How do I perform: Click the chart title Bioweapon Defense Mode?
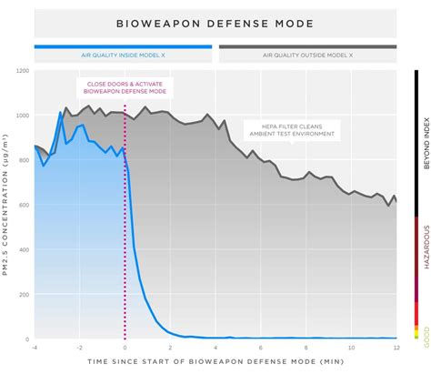coord(215,24)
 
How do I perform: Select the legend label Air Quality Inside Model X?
coord(125,56)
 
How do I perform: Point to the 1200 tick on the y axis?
coord(23,70)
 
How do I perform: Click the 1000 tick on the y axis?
coord(23,115)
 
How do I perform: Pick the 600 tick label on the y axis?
coord(25,205)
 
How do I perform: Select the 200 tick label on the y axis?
coord(25,294)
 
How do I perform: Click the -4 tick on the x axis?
coord(35,347)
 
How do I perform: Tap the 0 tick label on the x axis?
coord(125,347)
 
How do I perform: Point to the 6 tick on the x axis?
coord(260,347)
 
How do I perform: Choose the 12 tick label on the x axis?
coord(396,347)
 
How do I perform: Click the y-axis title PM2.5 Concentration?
coord(7,205)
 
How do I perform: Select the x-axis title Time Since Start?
coord(215,363)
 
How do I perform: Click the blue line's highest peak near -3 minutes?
coord(60,113)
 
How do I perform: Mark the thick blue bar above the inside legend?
coord(125,45)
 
